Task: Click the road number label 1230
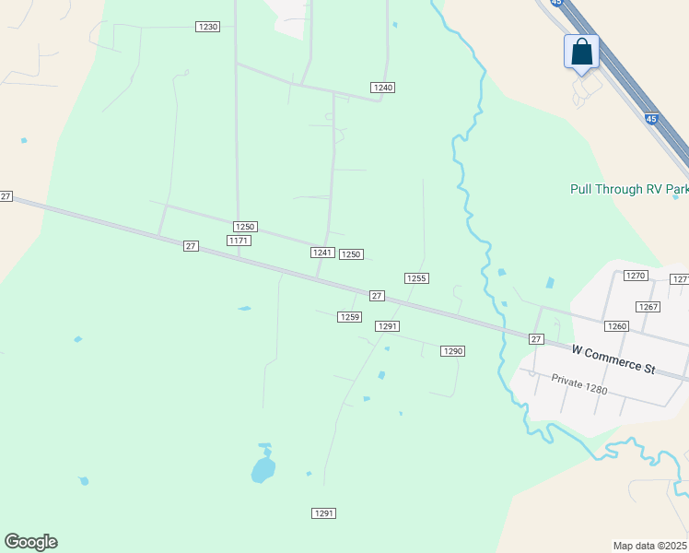(208, 27)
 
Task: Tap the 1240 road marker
(383, 87)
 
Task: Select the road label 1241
(321, 253)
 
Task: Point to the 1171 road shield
(239, 241)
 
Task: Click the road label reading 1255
(416, 277)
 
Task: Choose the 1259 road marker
(349, 316)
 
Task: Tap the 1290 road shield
(452, 351)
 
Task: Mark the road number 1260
(616, 326)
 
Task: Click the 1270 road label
(635, 276)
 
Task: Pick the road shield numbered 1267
(648, 307)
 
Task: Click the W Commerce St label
(613, 359)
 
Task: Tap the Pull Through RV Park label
(619, 189)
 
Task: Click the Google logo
(30, 542)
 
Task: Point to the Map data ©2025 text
(650, 546)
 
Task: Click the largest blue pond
(263, 469)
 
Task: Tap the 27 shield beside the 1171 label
(191, 245)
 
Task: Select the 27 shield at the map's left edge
(6, 196)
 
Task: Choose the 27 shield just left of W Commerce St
(536, 339)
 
